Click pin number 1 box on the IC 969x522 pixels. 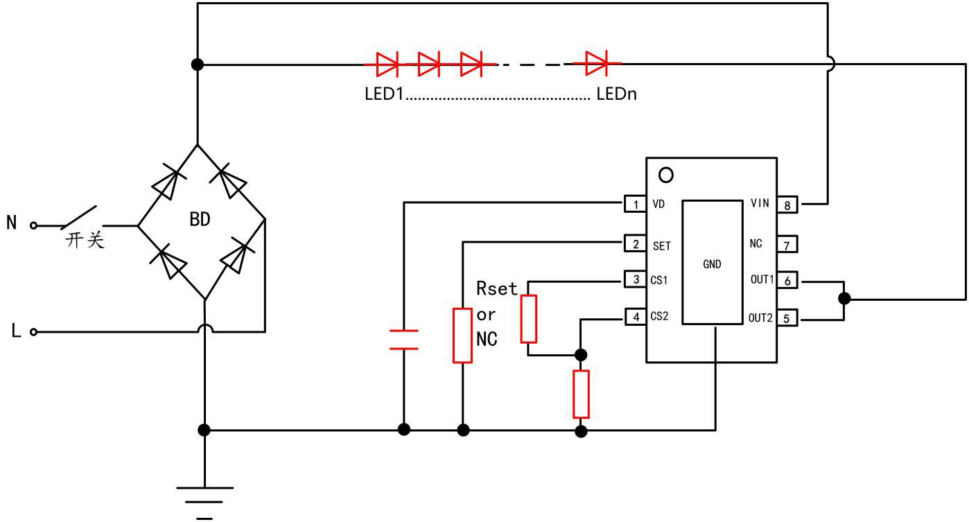[635, 205]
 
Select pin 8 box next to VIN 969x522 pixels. [787, 205]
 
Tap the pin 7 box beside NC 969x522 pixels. [787, 244]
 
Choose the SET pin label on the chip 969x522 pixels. [661, 245]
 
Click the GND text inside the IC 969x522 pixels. [712, 264]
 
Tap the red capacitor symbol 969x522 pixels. [404, 340]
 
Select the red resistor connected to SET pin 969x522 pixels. [463, 336]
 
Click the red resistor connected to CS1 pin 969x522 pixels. [529, 319]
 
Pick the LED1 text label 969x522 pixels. [384, 94]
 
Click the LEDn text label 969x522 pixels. [616, 94]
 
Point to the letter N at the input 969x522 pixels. [12, 224]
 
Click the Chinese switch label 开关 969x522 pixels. [85, 241]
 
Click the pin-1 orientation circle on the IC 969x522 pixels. [665, 175]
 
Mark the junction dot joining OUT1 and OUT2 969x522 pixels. [844, 299]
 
